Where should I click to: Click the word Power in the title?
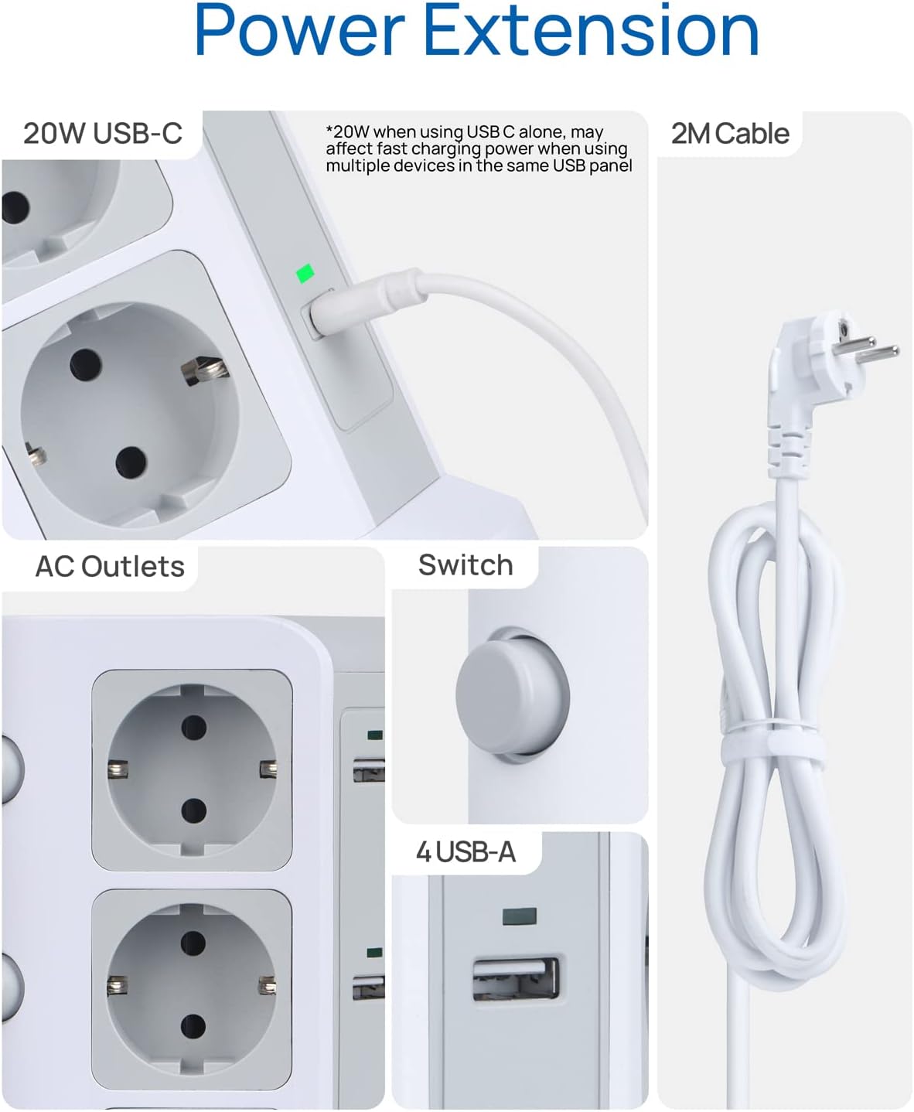coord(299,31)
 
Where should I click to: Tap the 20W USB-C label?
coord(102,133)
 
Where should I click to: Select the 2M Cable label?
coord(729,134)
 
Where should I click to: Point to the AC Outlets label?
coord(110,567)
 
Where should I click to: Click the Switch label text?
coord(465,565)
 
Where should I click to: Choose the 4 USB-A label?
coord(465,852)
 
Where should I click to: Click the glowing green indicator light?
coord(305,274)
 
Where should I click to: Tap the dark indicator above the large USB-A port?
coord(519,917)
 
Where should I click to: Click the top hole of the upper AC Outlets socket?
coord(193,726)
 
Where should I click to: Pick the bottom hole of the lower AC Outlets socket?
coord(193,1028)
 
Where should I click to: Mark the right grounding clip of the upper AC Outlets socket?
coord(268,769)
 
